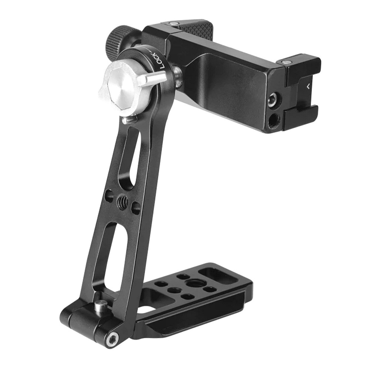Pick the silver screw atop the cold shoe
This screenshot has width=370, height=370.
click(286, 62)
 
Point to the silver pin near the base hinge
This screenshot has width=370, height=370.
click(101, 306)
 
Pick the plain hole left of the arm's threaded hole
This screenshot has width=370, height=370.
click(109, 196)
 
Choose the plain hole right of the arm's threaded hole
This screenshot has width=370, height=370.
click(136, 208)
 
